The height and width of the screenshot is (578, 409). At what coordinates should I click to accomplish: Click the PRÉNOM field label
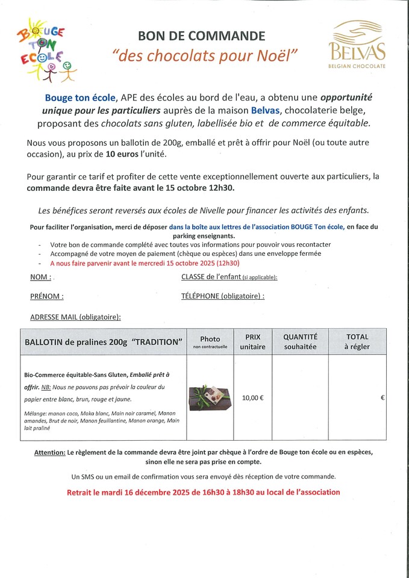tap(47, 296)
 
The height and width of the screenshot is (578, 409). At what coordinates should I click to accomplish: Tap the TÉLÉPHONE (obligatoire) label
tap(222, 296)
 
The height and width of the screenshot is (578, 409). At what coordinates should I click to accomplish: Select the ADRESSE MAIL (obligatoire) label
tap(75, 316)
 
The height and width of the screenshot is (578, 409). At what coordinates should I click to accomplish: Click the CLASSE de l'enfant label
tap(229, 277)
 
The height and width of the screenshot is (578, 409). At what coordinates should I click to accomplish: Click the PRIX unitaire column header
tap(252, 341)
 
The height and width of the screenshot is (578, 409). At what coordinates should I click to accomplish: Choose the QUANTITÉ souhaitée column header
tap(300, 341)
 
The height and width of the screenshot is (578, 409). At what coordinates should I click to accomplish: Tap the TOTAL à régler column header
tap(357, 341)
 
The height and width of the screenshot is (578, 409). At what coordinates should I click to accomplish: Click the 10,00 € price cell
tap(252, 397)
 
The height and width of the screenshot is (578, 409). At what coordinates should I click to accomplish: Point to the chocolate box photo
tap(210, 398)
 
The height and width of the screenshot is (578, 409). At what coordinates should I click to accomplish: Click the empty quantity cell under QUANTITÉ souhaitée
tap(300, 397)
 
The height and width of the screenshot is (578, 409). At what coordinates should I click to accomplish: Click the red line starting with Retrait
tap(204, 492)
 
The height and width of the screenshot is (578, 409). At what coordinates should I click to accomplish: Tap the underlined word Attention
tap(49, 452)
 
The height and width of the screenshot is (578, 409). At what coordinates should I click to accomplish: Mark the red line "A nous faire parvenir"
tap(145, 263)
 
